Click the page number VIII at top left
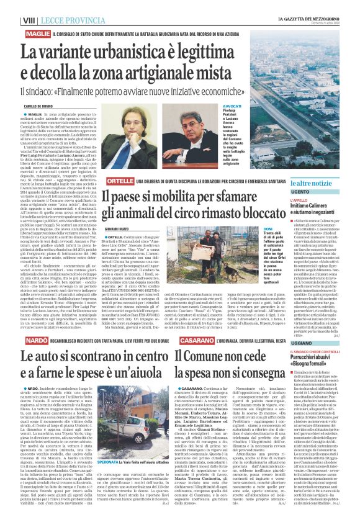click(12, 4)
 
